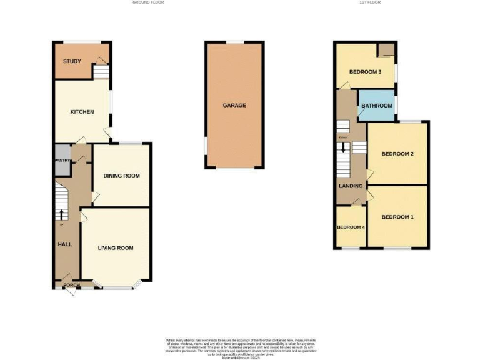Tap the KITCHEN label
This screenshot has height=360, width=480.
click(x=82, y=112)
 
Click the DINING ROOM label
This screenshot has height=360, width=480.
click(x=122, y=176)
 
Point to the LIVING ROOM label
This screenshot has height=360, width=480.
click(x=116, y=248)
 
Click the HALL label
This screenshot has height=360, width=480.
click(x=65, y=244)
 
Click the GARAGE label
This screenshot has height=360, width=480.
click(x=234, y=105)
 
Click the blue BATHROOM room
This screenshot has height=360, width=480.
click(x=376, y=106)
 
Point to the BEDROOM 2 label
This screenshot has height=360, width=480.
click(x=398, y=154)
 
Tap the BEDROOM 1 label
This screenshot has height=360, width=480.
click(x=397, y=217)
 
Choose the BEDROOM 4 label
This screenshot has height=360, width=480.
click(x=351, y=227)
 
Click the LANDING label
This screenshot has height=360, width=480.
click(x=350, y=186)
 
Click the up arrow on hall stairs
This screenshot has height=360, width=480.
click(x=61, y=214)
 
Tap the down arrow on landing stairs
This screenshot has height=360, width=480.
click(x=342, y=148)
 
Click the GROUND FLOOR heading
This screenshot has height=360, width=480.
click(x=147, y=2)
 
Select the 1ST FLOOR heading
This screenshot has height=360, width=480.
click(x=370, y=2)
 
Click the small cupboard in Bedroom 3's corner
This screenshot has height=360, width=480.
click(x=387, y=50)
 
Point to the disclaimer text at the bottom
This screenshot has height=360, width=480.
click(x=239, y=346)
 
